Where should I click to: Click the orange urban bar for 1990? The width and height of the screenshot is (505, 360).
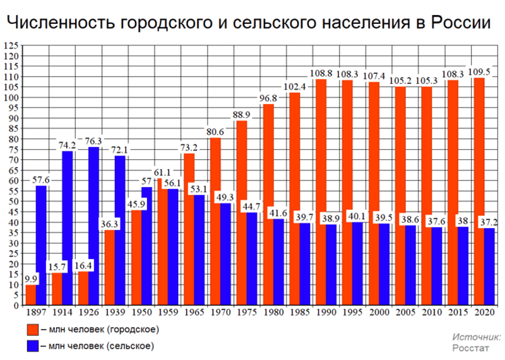[321, 189]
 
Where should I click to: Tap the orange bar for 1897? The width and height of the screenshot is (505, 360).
[31, 295]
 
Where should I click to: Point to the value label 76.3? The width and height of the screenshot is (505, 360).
[93, 140]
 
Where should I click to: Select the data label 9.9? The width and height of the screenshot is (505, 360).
[31, 278]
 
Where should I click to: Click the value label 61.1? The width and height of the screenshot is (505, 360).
[163, 172]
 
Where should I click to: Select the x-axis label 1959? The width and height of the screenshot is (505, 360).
[168, 313]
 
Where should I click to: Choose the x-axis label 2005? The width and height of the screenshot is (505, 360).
[405, 313]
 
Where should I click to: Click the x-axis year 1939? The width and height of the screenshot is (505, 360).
[115, 313]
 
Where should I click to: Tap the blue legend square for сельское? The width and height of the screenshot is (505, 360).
[32, 345]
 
